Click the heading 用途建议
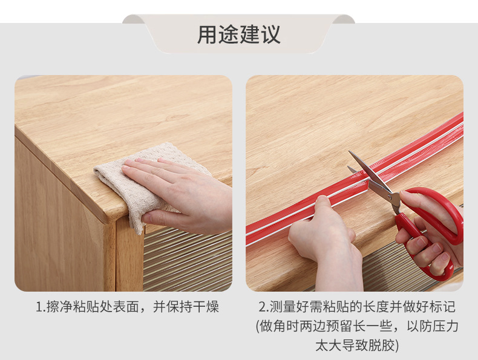238,34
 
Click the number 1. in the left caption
41,307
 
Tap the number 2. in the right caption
264,307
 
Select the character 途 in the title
228,34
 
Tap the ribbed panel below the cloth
188,261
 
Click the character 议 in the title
270,34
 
